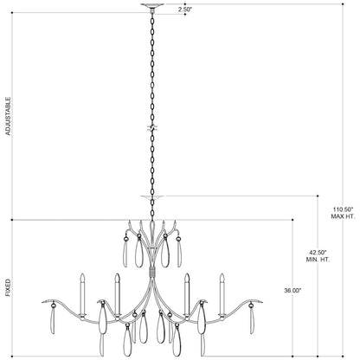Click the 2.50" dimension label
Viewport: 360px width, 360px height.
[x=185, y=9]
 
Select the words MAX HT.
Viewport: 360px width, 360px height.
[x=343, y=216]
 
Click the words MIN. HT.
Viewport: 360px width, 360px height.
[x=318, y=260]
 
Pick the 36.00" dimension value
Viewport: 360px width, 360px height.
[x=292, y=291]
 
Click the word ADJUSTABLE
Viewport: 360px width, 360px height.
[x=8, y=116]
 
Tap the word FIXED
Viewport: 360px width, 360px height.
[x=8, y=287]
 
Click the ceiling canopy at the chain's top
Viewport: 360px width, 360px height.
[x=152, y=5]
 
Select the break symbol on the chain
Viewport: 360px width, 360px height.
[x=152, y=128]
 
